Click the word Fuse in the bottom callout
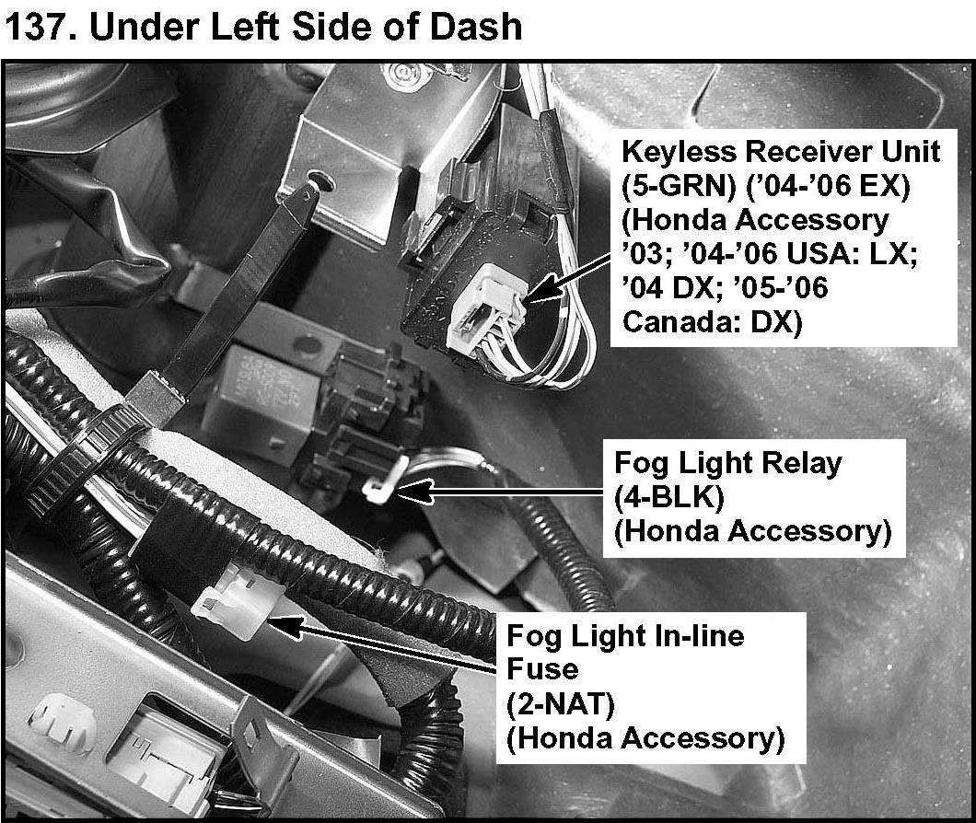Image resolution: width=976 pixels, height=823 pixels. [539, 669]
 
